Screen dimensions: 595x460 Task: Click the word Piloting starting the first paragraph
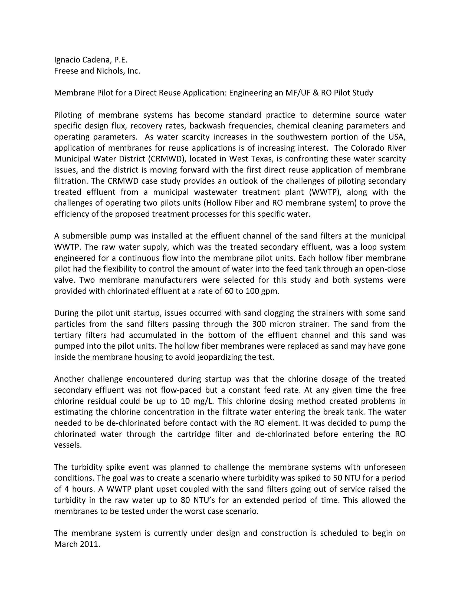(68, 115)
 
